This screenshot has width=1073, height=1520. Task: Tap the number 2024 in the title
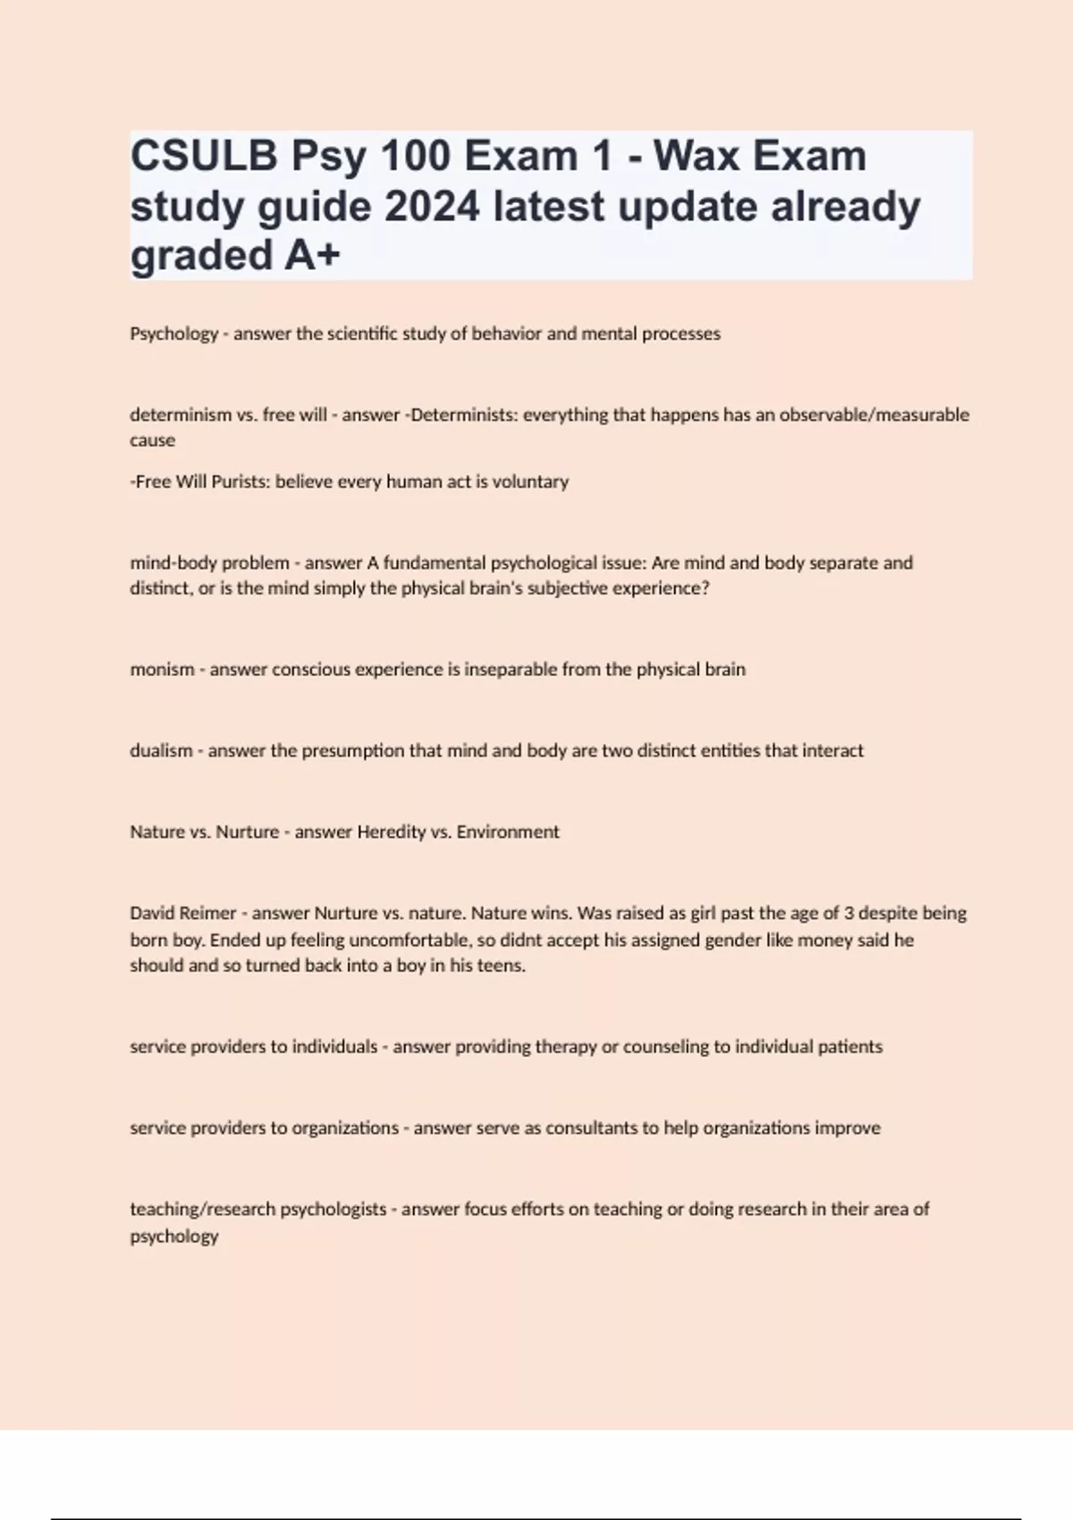(x=433, y=207)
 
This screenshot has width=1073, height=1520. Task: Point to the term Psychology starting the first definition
(x=174, y=334)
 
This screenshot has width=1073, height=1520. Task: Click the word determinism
(x=181, y=415)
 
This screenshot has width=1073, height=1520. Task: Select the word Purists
(x=239, y=482)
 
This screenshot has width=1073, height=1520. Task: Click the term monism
(x=162, y=670)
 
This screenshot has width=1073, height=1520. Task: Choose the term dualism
(x=161, y=751)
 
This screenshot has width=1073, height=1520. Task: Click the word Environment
(x=508, y=832)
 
